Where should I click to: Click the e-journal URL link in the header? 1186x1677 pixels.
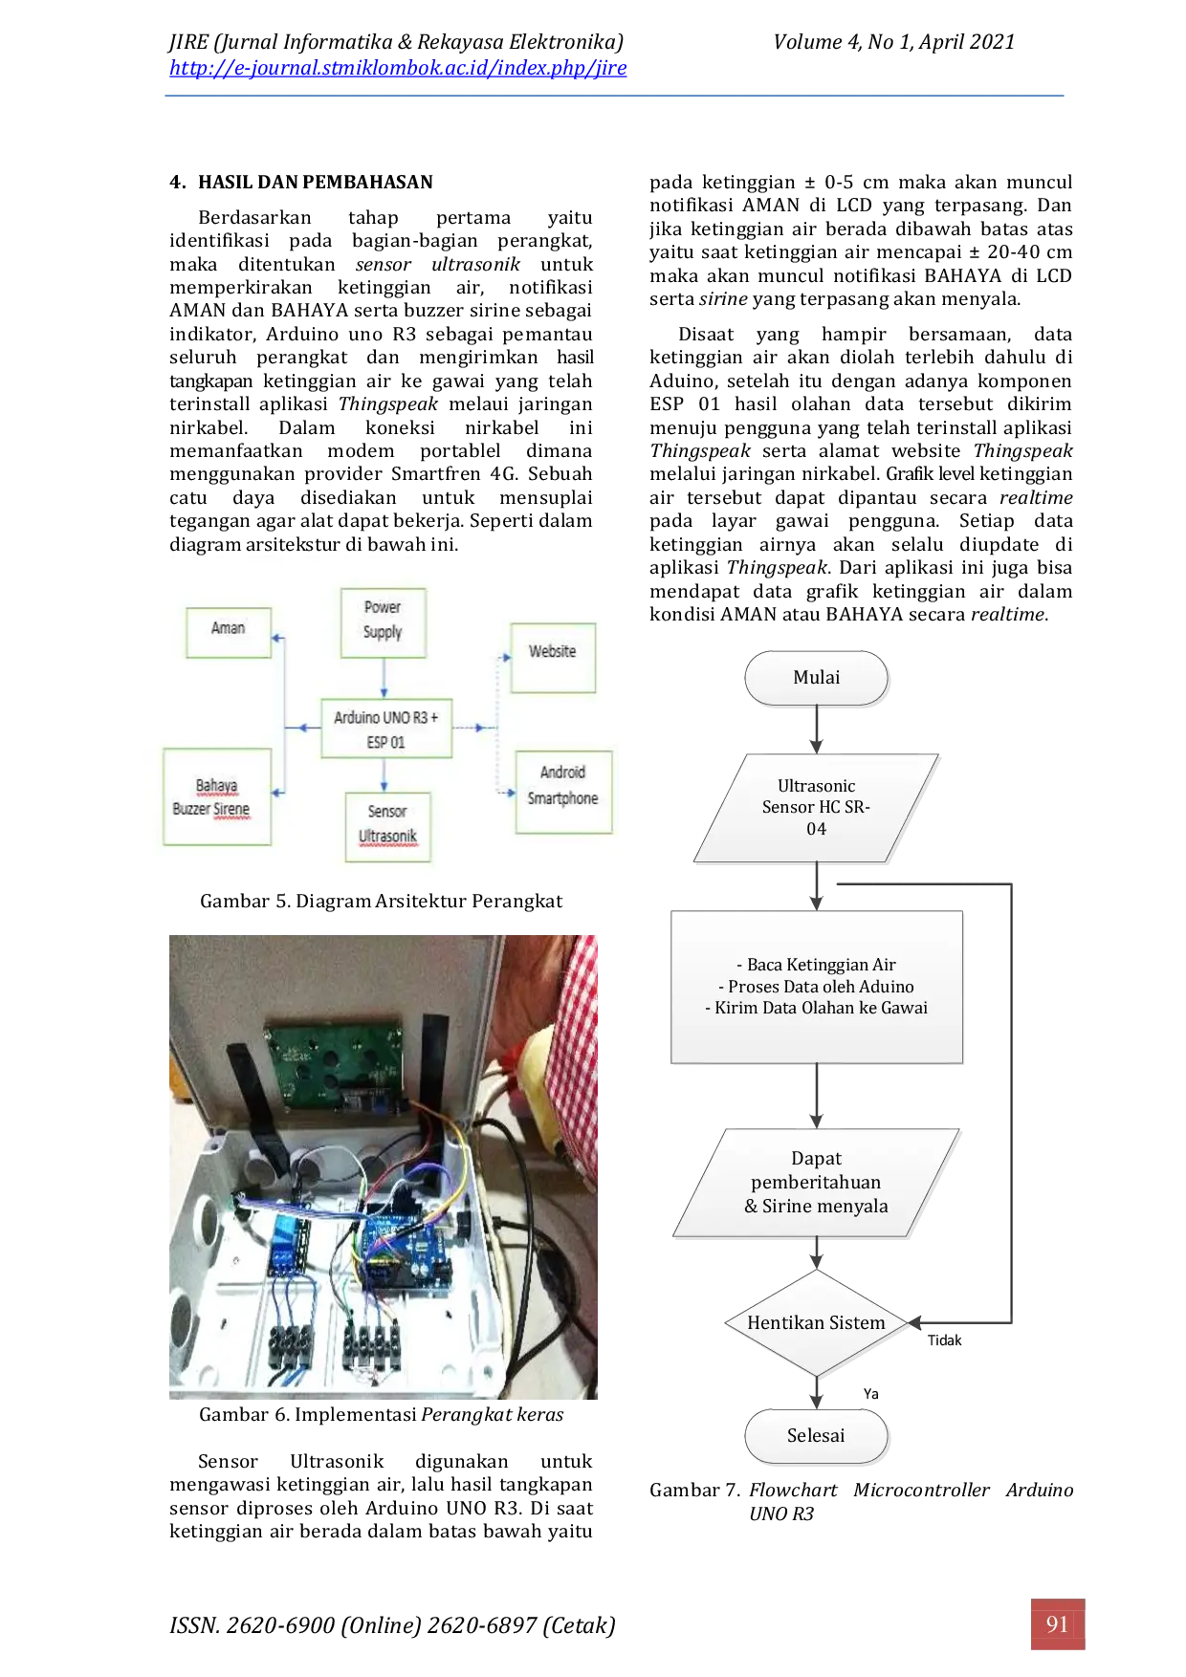coord(398,68)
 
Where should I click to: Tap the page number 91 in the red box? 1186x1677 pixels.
coord(1057,1623)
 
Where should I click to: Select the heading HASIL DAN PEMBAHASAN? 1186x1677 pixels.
coord(316,182)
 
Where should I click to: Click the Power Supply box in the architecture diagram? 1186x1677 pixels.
coord(383,622)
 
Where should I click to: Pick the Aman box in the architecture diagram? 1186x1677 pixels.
coord(229,632)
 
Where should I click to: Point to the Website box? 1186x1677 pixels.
coord(553,657)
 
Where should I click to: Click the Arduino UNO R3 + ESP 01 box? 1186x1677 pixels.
coord(386,729)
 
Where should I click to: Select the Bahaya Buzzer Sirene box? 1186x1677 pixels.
coord(217,796)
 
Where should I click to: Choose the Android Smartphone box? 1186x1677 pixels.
coord(563,792)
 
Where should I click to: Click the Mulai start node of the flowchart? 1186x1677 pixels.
coord(817,678)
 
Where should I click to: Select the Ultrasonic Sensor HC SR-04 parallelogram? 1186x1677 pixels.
coord(816,808)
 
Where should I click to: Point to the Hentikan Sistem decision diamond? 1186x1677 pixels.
coord(816,1322)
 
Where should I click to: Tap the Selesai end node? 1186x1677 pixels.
coord(817,1436)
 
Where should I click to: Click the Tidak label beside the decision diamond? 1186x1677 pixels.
coord(944,1340)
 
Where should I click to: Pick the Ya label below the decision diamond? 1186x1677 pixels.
coord(870,1394)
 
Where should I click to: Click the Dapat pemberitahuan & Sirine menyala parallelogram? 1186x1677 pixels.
coord(816,1183)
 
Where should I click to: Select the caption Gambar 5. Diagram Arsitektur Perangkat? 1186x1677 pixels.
coord(381,901)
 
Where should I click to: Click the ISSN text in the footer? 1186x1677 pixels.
coord(392,1625)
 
